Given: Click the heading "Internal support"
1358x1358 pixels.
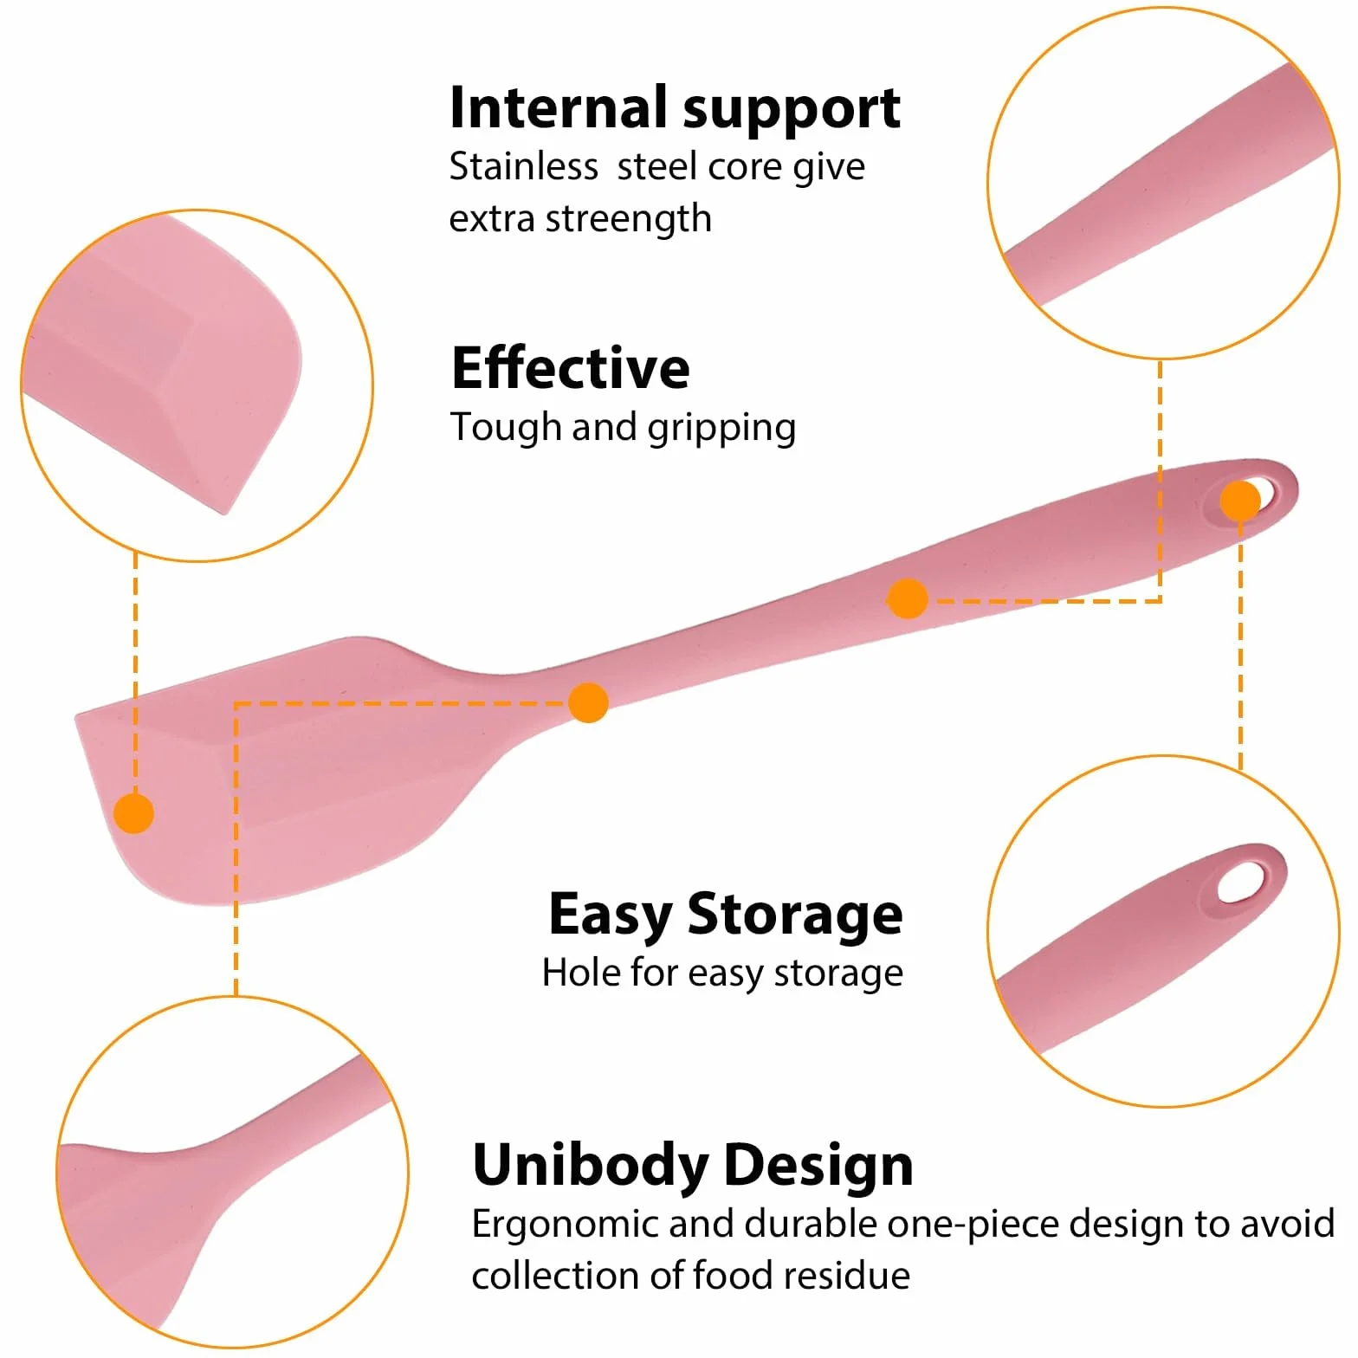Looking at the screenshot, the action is [x=675, y=109].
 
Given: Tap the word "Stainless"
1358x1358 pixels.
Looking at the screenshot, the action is [x=523, y=166].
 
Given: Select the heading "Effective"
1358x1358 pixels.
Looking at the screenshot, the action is [x=571, y=367].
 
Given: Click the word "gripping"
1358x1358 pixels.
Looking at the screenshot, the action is [x=721, y=429].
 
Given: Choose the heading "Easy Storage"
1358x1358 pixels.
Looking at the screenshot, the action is [x=726, y=915].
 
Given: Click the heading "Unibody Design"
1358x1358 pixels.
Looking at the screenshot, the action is [x=693, y=1165].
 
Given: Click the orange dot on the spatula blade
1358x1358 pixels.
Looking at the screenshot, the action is [x=134, y=813].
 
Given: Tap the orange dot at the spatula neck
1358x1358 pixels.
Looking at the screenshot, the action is [x=589, y=702].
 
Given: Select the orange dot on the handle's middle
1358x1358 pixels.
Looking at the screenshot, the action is [x=908, y=598].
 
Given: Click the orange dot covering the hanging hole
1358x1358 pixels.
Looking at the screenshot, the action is [x=1240, y=501].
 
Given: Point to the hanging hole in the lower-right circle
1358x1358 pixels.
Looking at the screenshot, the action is [x=1241, y=882].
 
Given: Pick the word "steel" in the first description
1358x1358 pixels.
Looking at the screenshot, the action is [x=658, y=166].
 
